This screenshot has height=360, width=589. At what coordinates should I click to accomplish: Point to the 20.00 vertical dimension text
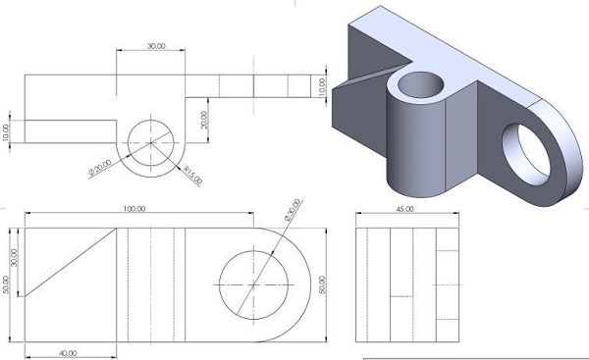(x=204, y=121)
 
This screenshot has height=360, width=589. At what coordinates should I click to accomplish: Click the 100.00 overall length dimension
(x=134, y=209)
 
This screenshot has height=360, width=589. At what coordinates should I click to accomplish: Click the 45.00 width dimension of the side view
(x=403, y=209)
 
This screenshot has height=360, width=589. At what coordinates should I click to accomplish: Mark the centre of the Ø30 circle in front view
(x=254, y=283)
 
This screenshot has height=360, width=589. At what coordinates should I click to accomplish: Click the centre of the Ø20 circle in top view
(x=150, y=141)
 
